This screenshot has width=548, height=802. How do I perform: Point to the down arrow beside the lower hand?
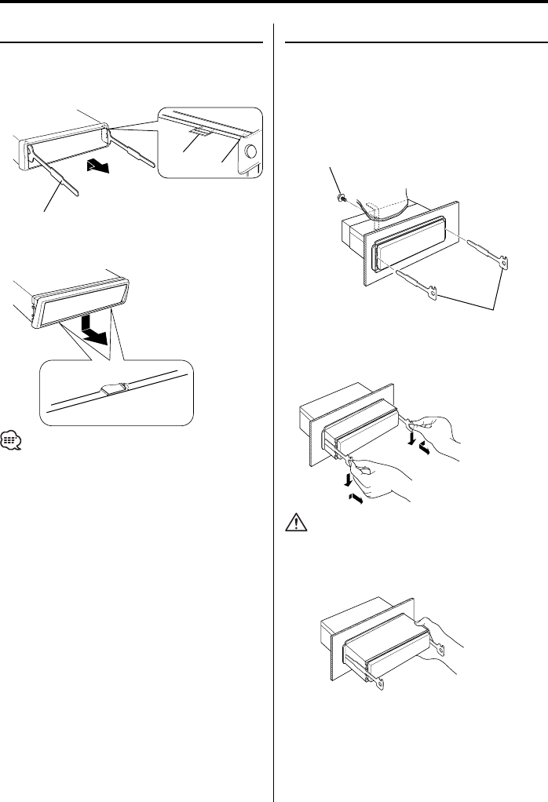(x=345, y=478)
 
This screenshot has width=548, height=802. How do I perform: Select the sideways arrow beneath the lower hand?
(x=355, y=498)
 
